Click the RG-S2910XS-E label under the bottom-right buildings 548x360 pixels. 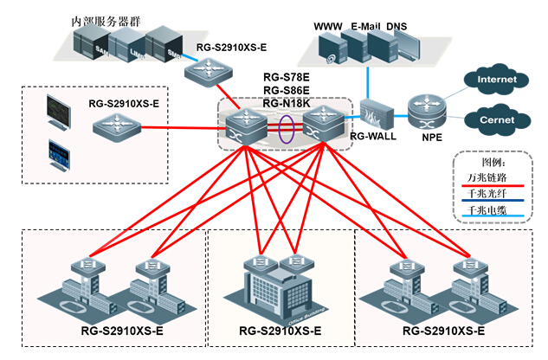click(443, 332)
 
